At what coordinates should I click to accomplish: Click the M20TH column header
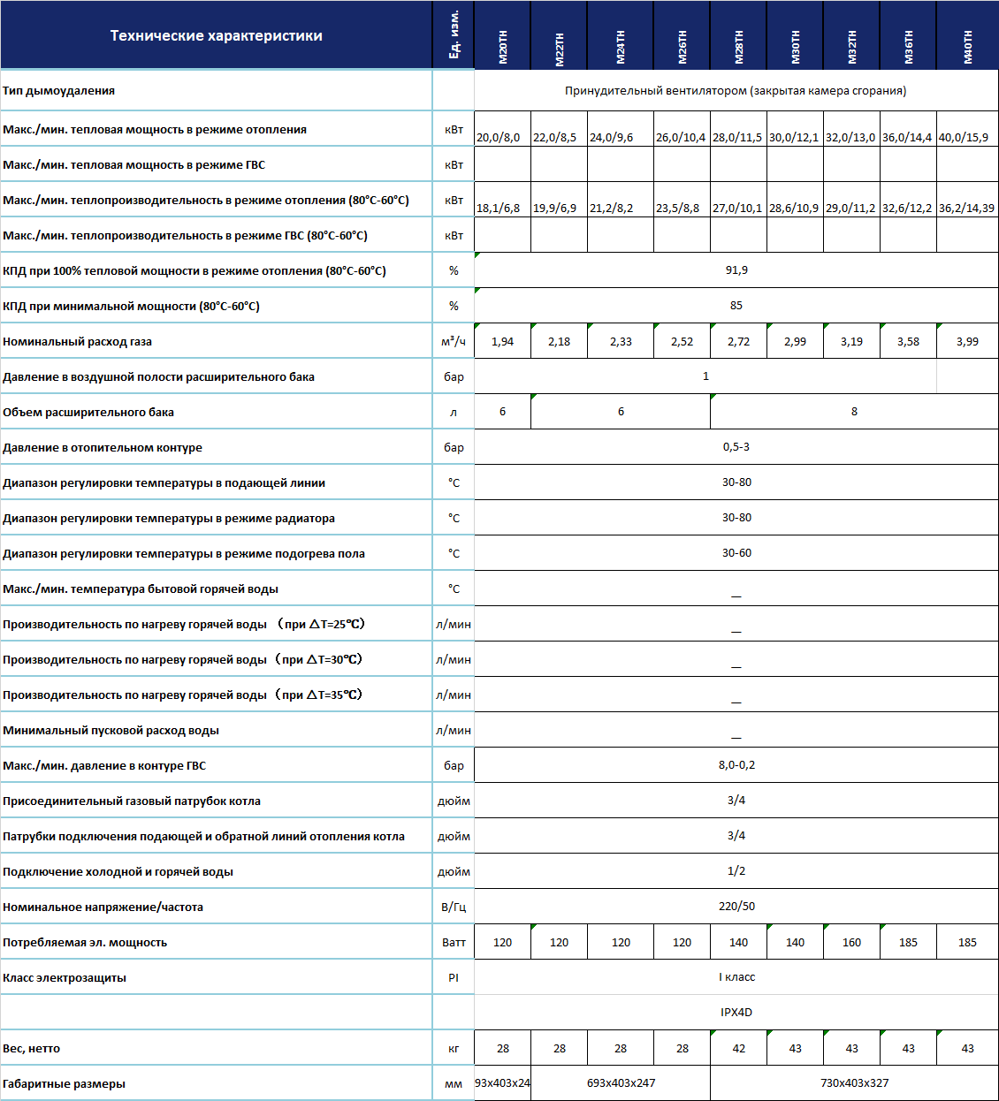(503, 47)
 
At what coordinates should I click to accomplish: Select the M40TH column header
(967, 47)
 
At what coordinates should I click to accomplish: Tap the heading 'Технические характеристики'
(216, 36)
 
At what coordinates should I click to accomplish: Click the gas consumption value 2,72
(738, 342)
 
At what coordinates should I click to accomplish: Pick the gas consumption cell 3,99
(967, 342)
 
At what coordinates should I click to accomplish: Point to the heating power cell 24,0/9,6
(612, 138)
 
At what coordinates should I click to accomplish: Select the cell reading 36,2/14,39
(966, 209)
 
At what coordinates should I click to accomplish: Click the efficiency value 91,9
(736, 270)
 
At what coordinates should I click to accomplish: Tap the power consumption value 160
(851, 943)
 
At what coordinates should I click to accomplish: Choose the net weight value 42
(738, 1049)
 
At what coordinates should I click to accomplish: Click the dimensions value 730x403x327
(854, 1083)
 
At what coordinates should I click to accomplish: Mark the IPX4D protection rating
(736, 1013)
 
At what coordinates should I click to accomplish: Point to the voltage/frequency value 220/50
(736, 907)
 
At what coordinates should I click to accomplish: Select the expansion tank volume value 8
(854, 412)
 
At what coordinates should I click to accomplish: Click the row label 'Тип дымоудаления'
(59, 91)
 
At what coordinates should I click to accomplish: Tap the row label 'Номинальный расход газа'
(78, 342)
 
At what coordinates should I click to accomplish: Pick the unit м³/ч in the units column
(454, 341)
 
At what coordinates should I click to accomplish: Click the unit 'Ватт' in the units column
(454, 943)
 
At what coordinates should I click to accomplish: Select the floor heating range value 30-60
(736, 553)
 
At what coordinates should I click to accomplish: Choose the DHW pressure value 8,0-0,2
(736, 765)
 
